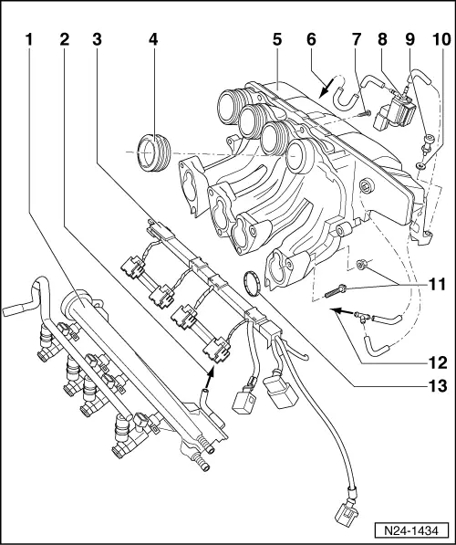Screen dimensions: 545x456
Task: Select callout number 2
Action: [x=63, y=41]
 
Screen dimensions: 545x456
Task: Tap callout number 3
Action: [x=97, y=41]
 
